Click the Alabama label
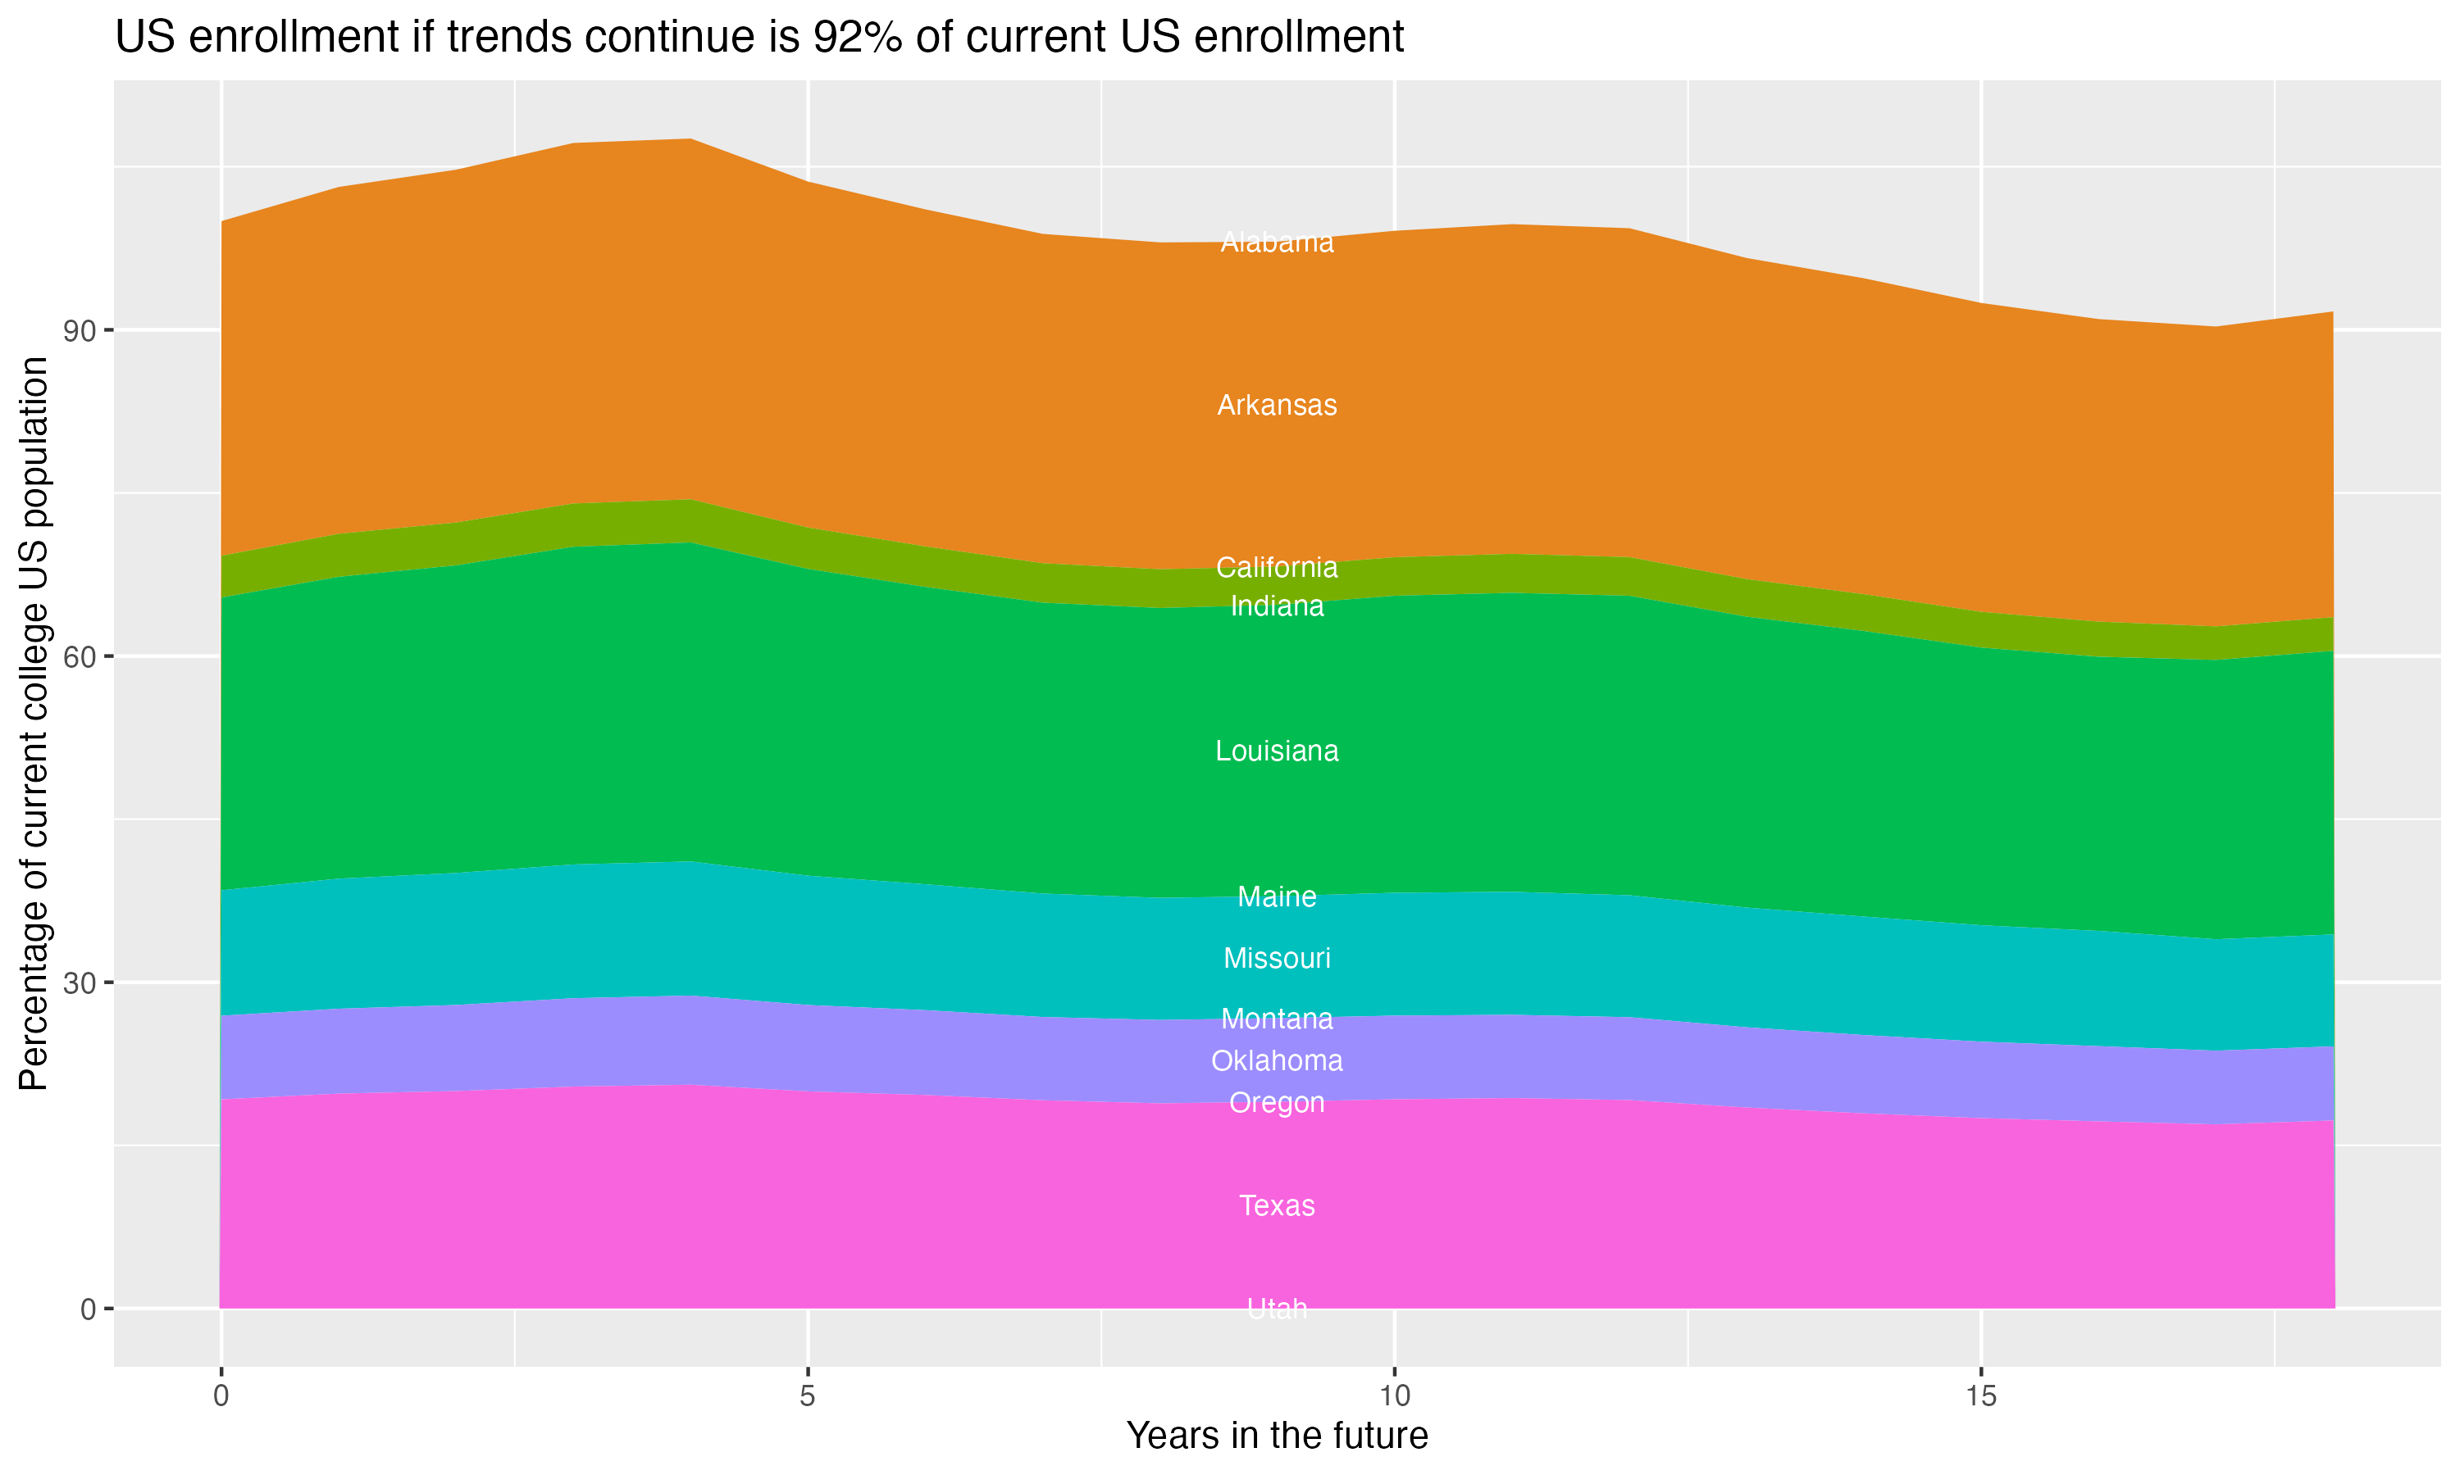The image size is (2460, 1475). pyautogui.click(x=1277, y=243)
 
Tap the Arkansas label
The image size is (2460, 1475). pyautogui.click(x=1277, y=406)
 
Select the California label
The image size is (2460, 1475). pyautogui.click(x=1277, y=568)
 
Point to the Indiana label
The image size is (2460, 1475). pyautogui.click(x=1277, y=606)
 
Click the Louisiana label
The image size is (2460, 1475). pyautogui.click(x=1277, y=751)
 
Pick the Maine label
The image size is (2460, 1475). pyautogui.click(x=1277, y=897)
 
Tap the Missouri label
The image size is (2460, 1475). pyautogui.click(x=1277, y=959)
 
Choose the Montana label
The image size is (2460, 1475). pyautogui.click(x=1277, y=1019)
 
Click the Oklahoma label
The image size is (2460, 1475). pyautogui.click(x=1277, y=1061)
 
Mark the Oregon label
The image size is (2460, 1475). pyautogui.click(x=1277, y=1103)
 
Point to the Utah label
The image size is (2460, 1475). pyautogui.click(x=1277, y=1309)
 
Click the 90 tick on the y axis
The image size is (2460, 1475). pyautogui.click(x=80, y=331)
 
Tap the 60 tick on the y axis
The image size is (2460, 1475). pyautogui.click(x=80, y=657)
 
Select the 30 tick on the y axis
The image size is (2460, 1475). pyautogui.click(x=80, y=983)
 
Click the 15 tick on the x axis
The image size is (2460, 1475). pyautogui.click(x=1981, y=1396)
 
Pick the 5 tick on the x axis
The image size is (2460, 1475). pyautogui.click(x=808, y=1396)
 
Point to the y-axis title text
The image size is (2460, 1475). pyautogui.click(x=34, y=724)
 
